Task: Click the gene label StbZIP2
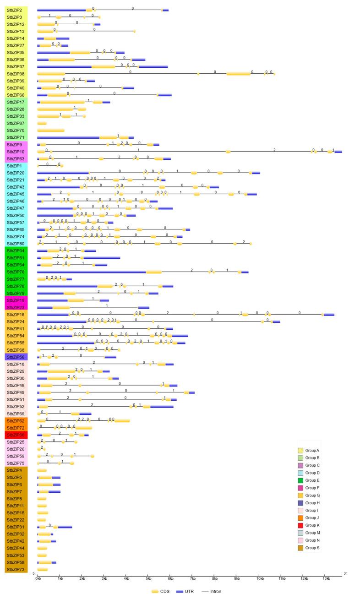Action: pyautogui.click(x=14, y=10)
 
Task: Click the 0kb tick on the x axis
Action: pyautogui.click(x=38, y=579)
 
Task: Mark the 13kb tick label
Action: pyautogui.click(x=325, y=579)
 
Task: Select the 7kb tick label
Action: pyautogui.click(x=192, y=579)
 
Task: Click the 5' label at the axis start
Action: pyautogui.click(x=33, y=573)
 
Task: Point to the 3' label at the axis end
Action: pyautogui.click(x=345, y=573)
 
